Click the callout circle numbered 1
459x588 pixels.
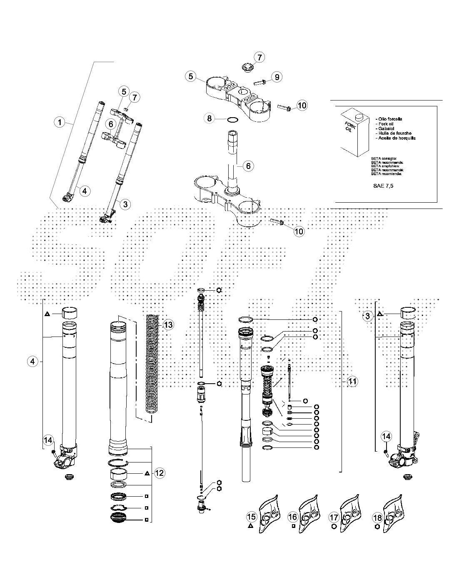point(60,122)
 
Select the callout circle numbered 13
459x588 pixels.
point(168,324)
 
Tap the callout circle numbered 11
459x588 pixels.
point(353,381)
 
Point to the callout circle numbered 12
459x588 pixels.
point(160,473)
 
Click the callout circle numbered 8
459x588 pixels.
point(210,118)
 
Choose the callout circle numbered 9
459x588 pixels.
point(277,77)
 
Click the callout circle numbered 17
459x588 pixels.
point(334,518)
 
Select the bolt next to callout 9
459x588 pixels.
point(261,81)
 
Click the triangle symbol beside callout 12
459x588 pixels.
point(147,474)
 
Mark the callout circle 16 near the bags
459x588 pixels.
point(293,517)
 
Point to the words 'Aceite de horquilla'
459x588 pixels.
point(396,138)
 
